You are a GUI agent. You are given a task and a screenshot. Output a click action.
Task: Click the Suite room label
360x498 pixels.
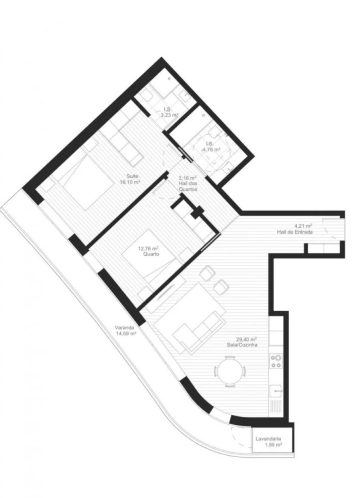133,176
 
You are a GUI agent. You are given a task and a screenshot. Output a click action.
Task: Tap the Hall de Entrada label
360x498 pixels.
294,232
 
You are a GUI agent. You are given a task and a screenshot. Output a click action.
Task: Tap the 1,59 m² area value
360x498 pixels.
273,445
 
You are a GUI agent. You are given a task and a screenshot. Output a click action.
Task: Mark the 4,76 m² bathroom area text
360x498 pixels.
212,149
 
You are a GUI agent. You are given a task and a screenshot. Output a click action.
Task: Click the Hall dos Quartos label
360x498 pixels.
188,186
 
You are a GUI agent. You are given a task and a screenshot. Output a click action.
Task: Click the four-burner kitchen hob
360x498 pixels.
276,361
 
